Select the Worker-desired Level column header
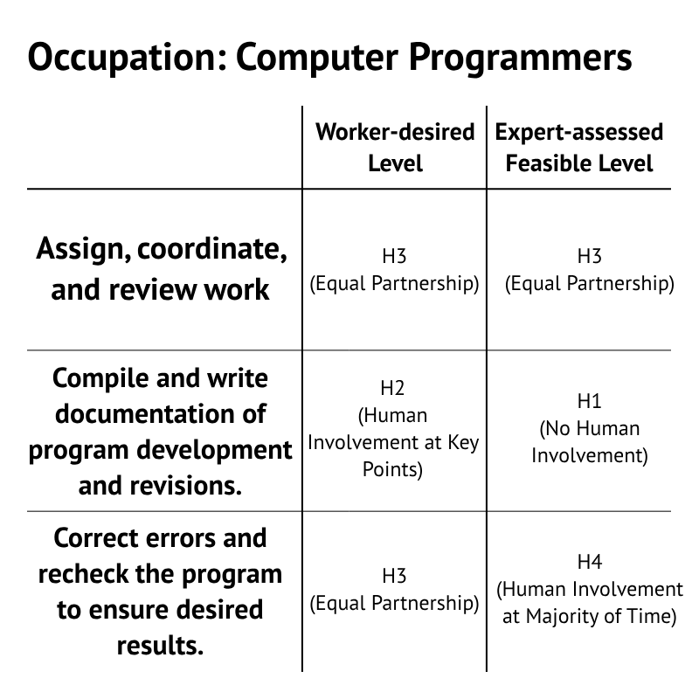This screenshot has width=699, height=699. [x=395, y=147]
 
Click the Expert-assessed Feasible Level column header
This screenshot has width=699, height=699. [x=579, y=147]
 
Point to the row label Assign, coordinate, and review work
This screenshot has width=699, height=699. [x=162, y=269]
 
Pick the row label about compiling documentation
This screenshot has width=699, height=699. [x=161, y=432]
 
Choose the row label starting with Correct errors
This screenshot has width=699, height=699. [x=161, y=591]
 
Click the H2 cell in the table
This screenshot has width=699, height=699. [x=394, y=429]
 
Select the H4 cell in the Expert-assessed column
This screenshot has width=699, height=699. [x=590, y=589]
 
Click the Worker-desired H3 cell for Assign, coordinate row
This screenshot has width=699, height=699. [x=395, y=270]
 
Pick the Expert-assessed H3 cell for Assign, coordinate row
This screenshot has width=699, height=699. [x=590, y=270]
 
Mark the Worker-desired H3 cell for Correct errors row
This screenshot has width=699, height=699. [x=395, y=590]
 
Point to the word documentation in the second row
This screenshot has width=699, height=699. [x=161, y=414]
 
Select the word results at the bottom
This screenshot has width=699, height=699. [x=161, y=647]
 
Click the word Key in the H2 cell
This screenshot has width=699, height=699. [x=462, y=442]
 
